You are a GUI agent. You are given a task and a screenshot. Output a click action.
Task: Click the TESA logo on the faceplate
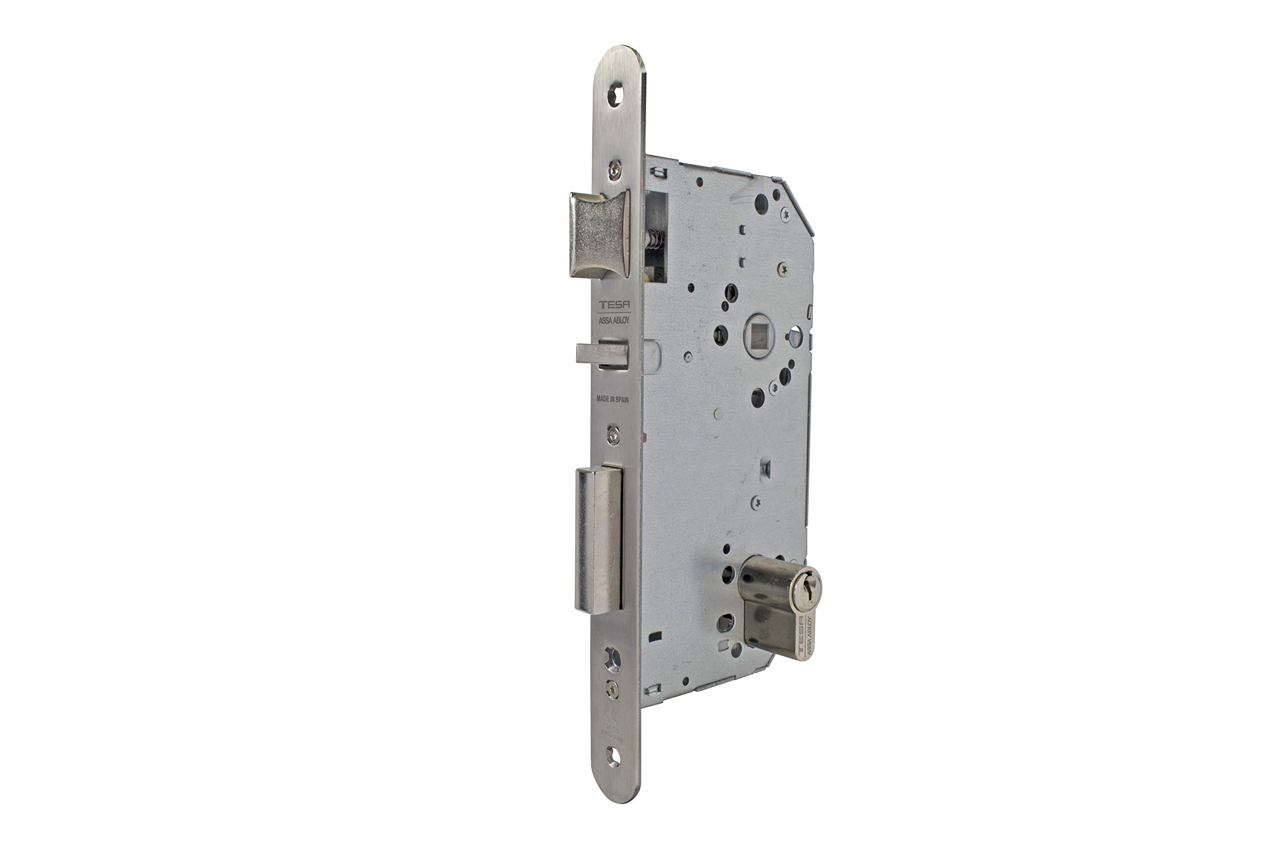[x=613, y=305]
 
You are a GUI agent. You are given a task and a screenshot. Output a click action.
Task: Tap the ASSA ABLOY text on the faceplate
[x=613, y=321]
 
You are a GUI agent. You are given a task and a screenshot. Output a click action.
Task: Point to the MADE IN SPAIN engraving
[x=612, y=399]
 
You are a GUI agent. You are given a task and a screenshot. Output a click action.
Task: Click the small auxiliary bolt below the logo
[x=601, y=354]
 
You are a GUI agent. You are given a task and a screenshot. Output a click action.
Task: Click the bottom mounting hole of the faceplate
[x=613, y=757]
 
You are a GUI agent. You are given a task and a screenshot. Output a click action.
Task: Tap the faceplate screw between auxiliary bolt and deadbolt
[x=613, y=435]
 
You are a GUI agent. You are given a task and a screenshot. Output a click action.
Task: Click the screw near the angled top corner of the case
[x=785, y=214]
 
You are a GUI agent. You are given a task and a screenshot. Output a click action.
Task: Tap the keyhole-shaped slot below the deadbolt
[x=612, y=660]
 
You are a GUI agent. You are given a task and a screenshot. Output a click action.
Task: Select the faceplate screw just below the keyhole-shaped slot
[x=612, y=688]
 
